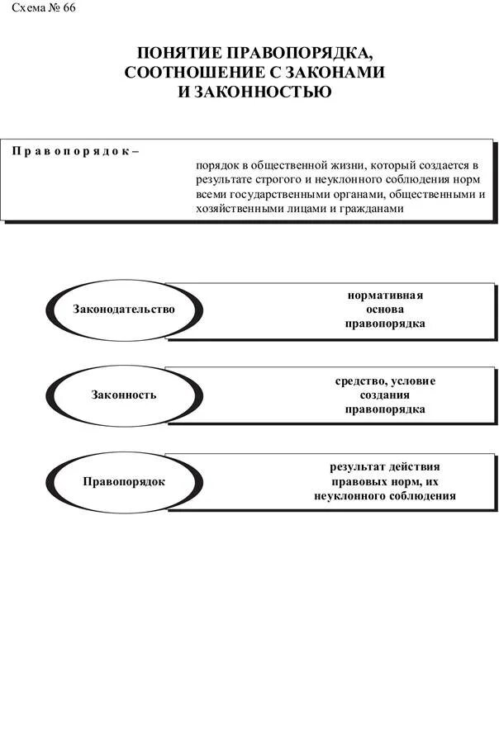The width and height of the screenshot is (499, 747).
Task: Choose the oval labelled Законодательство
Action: click(124, 310)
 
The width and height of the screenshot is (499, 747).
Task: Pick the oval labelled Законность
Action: click(124, 395)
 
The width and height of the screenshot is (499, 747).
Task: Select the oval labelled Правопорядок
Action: click(124, 481)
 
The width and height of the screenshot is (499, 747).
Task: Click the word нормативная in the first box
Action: click(385, 295)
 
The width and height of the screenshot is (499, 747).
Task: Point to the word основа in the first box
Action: click(385, 309)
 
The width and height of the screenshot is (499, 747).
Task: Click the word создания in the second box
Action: click(385, 395)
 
